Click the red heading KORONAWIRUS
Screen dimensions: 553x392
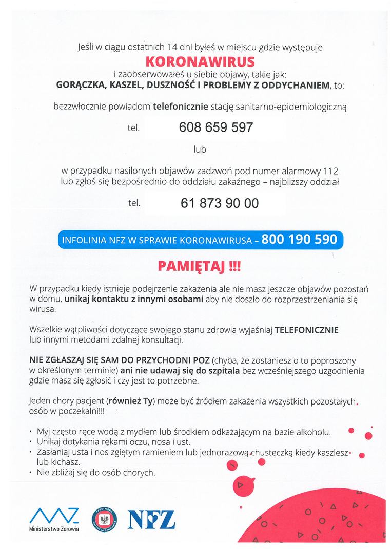pos(200,62)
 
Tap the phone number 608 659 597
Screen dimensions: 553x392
pos(216,127)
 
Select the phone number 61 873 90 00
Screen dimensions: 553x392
pos(220,203)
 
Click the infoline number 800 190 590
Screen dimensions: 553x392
pos(299,239)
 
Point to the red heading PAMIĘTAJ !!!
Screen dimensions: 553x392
pos(200,266)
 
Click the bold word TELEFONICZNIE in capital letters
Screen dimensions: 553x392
pos(307,330)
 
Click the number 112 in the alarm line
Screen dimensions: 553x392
pos(331,170)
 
